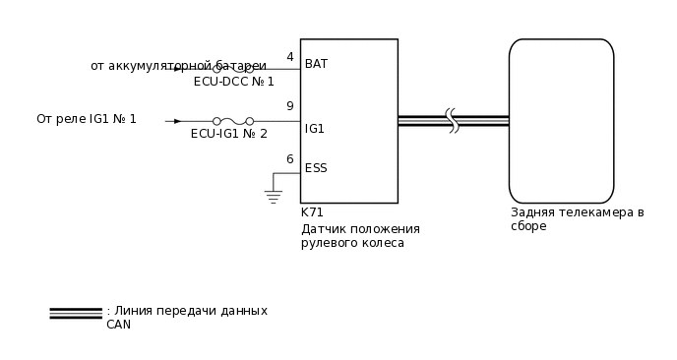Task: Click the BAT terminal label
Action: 316,64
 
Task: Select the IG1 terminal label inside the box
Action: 315,129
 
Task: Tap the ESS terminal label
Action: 316,168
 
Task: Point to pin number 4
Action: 289,57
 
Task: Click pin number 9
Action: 289,106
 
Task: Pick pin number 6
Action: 289,159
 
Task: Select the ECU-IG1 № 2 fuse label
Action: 228,134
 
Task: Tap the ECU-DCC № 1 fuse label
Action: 233,82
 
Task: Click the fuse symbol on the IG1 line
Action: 232,121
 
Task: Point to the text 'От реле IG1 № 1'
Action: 87,119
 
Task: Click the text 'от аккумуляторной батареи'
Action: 178,66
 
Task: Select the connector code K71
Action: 312,212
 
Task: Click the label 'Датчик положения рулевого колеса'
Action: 360,236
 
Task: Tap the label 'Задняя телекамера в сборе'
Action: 577,218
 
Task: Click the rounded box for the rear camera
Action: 561,121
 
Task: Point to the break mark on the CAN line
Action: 453,121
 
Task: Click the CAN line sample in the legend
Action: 76,313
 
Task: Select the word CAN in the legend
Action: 118,325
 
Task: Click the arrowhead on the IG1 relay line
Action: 176,121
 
